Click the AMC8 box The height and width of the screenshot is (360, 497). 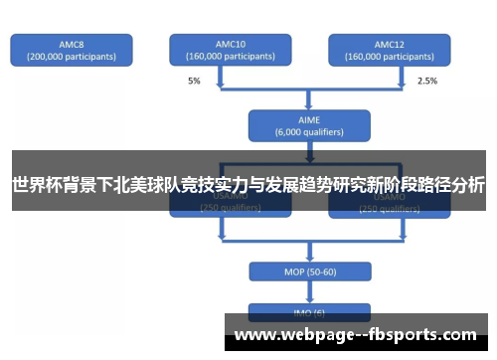tap(71, 50)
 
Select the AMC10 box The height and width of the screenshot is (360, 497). tap(230, 50)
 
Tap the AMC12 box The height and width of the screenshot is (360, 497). tap(389, 50)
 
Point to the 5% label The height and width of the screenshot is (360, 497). tap(193, 80)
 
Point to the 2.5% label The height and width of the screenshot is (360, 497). tap(426, 80)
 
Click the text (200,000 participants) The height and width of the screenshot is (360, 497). tap(71, 57)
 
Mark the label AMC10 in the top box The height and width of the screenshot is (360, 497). tap(230, 44)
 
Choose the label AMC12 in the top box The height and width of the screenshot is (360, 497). tap(389, 44)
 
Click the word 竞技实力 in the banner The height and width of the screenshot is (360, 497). tap(202, 185)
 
